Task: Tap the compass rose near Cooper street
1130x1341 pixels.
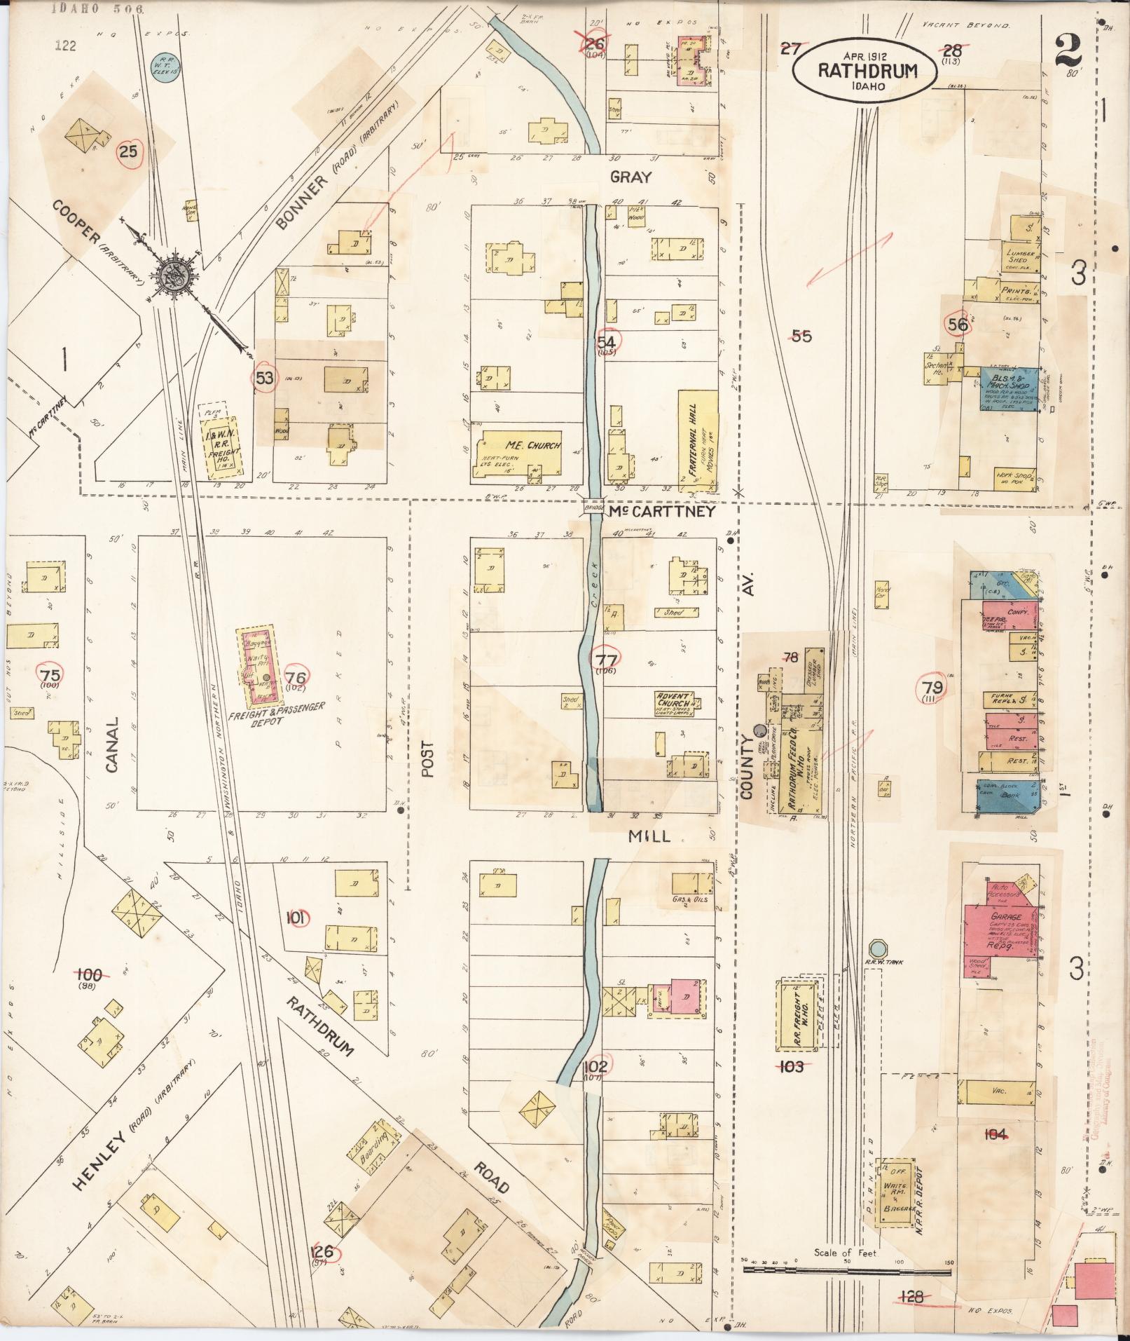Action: pyautogui.click(x=172, y=275)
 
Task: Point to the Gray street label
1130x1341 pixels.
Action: pyautogui.click(x=631, y=177)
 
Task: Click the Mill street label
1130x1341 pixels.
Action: pyautogui.click(x=649, y=836)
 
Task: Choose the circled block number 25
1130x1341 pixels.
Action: pyautogui.click(x=128, y=151)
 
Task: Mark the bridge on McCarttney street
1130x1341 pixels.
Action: pyautogui.click(x=593, y=510)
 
